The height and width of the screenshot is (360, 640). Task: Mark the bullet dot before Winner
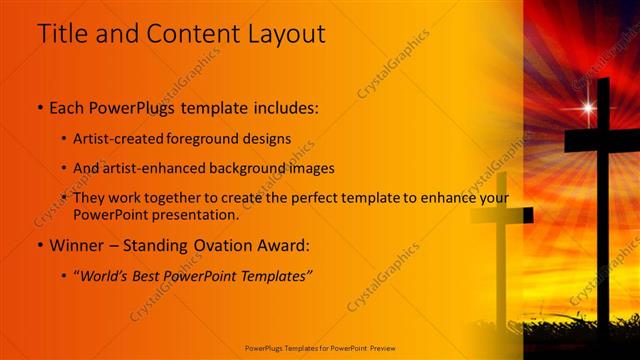(40, 245)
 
